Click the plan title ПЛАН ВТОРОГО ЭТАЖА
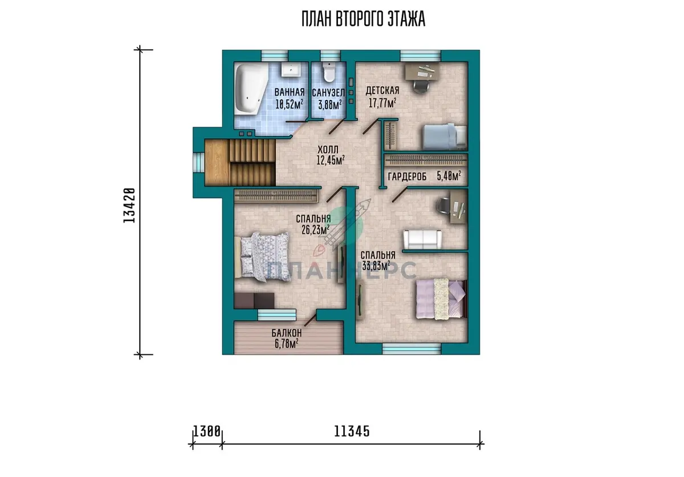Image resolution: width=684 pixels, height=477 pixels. pos(364,19)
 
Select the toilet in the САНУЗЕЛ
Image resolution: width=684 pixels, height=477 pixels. pos(329,72)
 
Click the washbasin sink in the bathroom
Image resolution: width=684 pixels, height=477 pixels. pos(291,70)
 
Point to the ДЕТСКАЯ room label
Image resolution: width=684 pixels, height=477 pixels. pos(382,91)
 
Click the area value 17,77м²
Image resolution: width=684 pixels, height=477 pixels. pos(382,103)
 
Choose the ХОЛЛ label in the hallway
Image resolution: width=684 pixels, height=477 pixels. pos(328,149)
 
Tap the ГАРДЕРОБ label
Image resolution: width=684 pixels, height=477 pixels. pos(407,176)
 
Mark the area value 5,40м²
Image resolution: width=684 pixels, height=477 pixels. pos(449,176)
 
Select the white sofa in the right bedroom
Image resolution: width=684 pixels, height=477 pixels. pos(422,239)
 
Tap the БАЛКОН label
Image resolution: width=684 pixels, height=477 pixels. pos(286,333)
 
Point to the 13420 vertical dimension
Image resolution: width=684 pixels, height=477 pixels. pos(129,205)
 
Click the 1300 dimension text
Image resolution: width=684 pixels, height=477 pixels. pos(207,431)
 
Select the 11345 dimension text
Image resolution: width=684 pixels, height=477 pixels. pos(352,431)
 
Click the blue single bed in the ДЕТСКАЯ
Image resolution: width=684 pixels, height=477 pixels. pos(445,136)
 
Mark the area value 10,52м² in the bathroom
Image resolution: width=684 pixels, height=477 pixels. pos(289,104)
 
